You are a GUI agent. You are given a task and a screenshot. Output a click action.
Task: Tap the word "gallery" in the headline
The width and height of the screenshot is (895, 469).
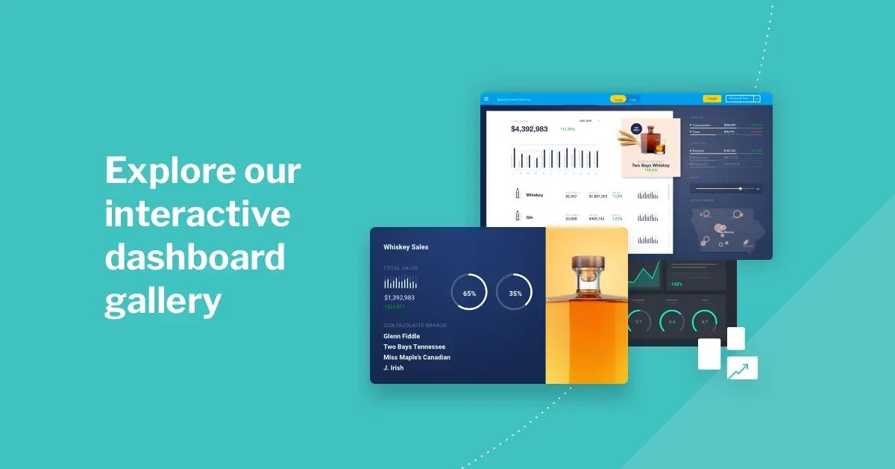click(163, 302)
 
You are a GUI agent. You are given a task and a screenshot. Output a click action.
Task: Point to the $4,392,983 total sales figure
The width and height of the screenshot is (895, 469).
click(529, 129)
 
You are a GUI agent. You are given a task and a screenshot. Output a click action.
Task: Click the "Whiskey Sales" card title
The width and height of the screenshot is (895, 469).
click(406, 246)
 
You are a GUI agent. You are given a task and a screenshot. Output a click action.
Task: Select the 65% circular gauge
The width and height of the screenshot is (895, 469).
click(469, 293)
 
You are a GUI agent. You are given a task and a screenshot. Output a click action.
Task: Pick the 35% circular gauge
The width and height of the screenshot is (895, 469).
click(515, 293)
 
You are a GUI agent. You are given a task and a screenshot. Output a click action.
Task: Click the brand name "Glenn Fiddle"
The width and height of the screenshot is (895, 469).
click(401, 336)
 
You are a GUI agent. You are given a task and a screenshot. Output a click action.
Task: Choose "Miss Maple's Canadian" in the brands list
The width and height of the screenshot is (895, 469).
click(416, 357)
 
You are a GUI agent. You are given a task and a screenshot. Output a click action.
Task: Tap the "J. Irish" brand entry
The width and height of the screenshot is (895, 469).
click(393, 367)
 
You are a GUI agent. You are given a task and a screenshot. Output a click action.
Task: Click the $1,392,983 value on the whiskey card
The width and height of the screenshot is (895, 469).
click(399, 297)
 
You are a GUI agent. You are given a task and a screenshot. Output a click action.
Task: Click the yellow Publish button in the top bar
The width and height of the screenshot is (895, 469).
click(712, 99)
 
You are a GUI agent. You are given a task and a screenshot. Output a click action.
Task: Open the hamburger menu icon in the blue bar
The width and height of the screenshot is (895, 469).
click(486, 99)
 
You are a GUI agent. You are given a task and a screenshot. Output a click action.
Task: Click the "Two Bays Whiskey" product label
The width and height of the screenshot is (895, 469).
click(650, 165)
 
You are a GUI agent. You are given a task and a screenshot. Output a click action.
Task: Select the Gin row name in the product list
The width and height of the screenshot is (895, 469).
click(530, 217)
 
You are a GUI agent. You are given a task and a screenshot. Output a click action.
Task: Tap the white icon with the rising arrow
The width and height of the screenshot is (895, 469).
click(742, 367)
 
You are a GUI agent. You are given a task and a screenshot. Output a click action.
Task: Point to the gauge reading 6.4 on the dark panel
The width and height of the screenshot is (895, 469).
click(672, 322)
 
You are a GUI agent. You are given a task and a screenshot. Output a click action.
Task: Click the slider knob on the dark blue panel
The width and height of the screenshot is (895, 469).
click(740, 189)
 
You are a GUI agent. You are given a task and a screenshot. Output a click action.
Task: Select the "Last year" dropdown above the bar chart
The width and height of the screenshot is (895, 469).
click(586, 120)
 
